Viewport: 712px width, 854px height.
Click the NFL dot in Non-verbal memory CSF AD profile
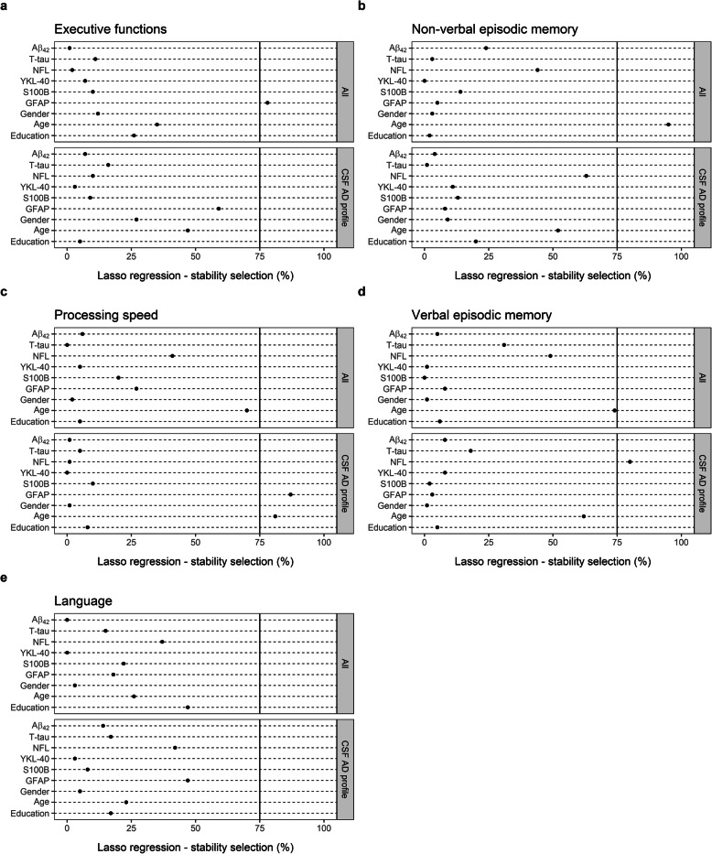(x=587, y=176)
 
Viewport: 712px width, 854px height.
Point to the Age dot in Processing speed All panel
(x=247, y=410)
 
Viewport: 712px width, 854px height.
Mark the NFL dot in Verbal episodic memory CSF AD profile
(x=630, y=436)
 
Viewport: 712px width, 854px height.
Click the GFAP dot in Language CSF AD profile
(x=188, y=780)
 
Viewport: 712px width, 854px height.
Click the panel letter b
(x=362, y=6)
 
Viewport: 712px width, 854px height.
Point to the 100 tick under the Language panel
(x=324, y=823)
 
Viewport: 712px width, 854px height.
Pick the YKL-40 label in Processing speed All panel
(x=41, y=366)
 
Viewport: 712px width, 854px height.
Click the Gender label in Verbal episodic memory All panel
(x=399, y=399)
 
